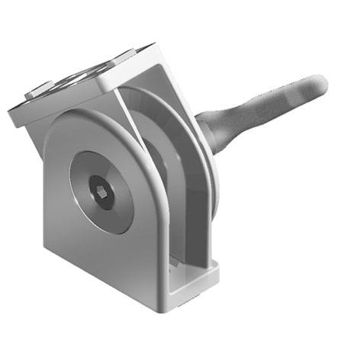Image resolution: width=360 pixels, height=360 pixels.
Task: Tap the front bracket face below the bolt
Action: click(107, 252)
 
